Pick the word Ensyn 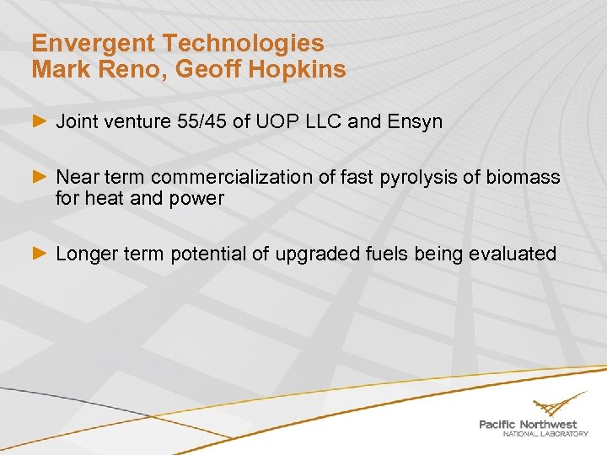pos(414,122)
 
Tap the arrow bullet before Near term pos(39,177)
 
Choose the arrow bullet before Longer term pos(39,254)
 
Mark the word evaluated pos(515,254)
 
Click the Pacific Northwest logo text pos(528,426)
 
